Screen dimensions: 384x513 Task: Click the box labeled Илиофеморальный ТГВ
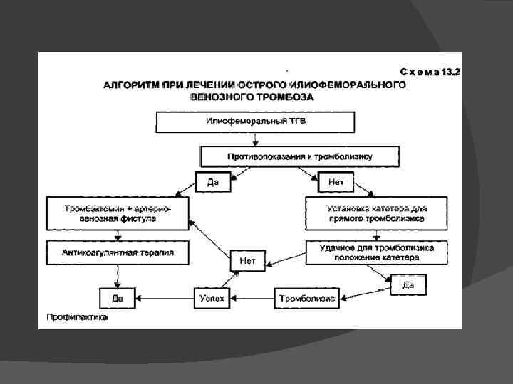point(255,122)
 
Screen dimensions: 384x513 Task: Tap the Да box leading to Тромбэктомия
point(212,183)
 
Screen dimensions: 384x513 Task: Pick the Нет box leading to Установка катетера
point(336,183)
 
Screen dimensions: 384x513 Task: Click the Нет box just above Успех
point(248,261)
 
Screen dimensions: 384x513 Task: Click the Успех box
point(212,298)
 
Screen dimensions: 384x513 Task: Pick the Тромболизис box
point(307,298)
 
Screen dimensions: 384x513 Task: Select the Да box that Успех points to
point(117,298)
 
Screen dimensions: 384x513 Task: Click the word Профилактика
point(78,318)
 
